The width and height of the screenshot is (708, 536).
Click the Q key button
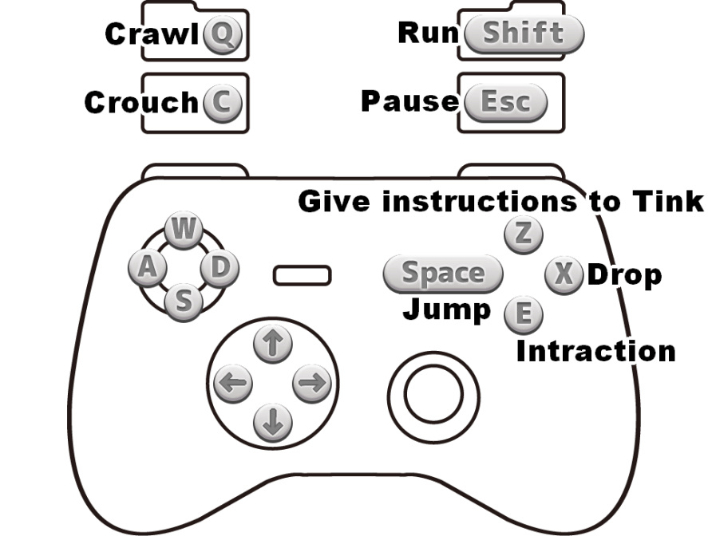pyautogui.click(x=222, y=35)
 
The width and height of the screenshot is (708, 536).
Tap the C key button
pyautogui.click(x=222, y=103)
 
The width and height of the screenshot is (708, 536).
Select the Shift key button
pyautogui.click(x=524, y=33)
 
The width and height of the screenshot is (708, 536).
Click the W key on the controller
pyautogui.click(x=183, y=231)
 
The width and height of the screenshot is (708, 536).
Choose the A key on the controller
pyautogui.click(x=147, y=268)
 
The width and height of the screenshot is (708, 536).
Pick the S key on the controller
pyautogui.click(x=184, y=301)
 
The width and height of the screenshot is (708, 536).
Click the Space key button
pyautogui.click(x=443, y=274)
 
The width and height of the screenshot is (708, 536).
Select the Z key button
pyautogui.click(x=524, y=234)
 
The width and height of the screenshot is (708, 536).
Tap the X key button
pyautogui.click(x=564, y=274)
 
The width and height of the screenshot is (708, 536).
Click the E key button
pyautogui.click(x=524, y=314)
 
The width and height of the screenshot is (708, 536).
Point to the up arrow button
pyautogui.click(x=272, y=344)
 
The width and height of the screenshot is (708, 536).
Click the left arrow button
pyautogui.click(x=232, y=384)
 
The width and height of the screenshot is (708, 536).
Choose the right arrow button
pyautogui.click(x=312, y=384)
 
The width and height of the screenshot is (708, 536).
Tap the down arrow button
pyautogui.click(x=272, y=423)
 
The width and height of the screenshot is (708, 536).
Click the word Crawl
pyautogui.click(x=151, y=35)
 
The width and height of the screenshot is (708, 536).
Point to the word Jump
pyautogui.click(x=446, y=309)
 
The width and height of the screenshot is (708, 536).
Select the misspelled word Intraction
pyautogui.click(x=597, y=351)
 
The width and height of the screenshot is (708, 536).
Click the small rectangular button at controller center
pyautogui.click(x=303, y=275)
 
